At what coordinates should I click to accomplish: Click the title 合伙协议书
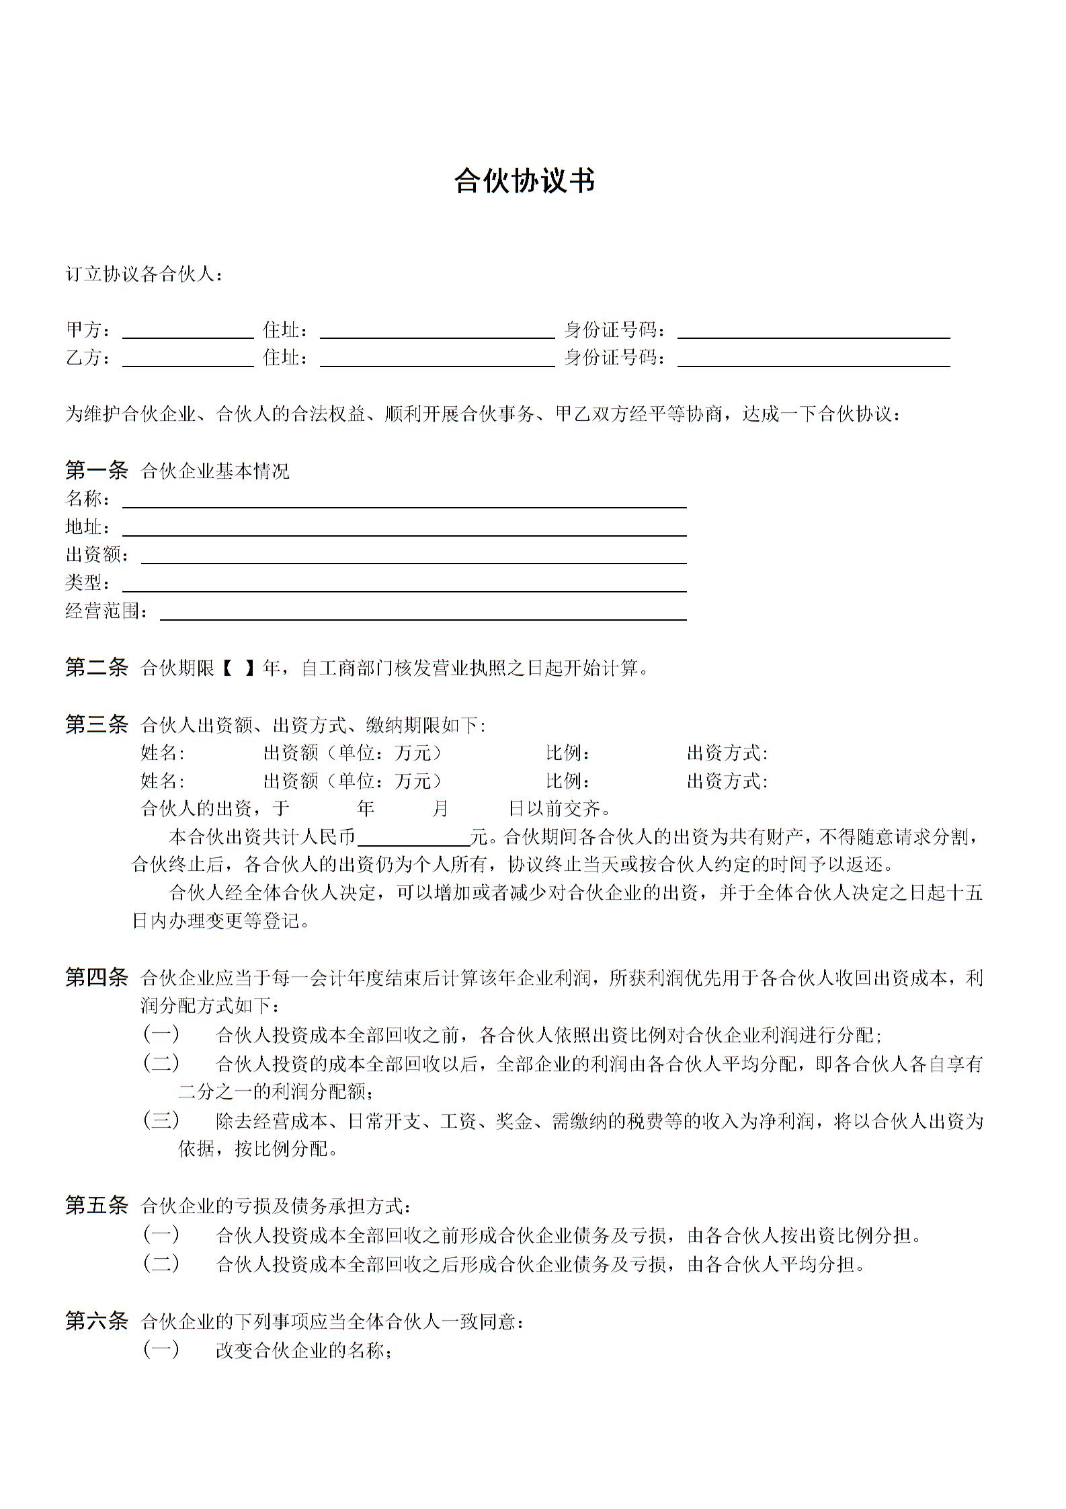click(524, 181)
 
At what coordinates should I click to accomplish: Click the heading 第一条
click(96, 470)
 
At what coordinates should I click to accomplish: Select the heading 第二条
click(96, 667)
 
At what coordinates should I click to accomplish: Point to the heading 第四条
click(96, 977)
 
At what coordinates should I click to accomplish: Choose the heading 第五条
click(96, 1205)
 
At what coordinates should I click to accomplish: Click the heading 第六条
click(96, 1321)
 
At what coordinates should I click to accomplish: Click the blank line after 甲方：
click(188, 331)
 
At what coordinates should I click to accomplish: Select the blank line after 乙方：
click(188, 359)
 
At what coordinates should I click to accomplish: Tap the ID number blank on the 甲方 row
click(813, 331)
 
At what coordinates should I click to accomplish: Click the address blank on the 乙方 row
click(437, 359)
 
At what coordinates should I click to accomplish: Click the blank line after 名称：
click(403, 500)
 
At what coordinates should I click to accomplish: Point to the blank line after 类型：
click(403, 584)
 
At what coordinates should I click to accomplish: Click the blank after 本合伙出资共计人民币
click(413, 838)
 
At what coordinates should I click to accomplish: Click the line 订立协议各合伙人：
click(145, 274)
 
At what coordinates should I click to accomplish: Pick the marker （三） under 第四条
click(161, 1120)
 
